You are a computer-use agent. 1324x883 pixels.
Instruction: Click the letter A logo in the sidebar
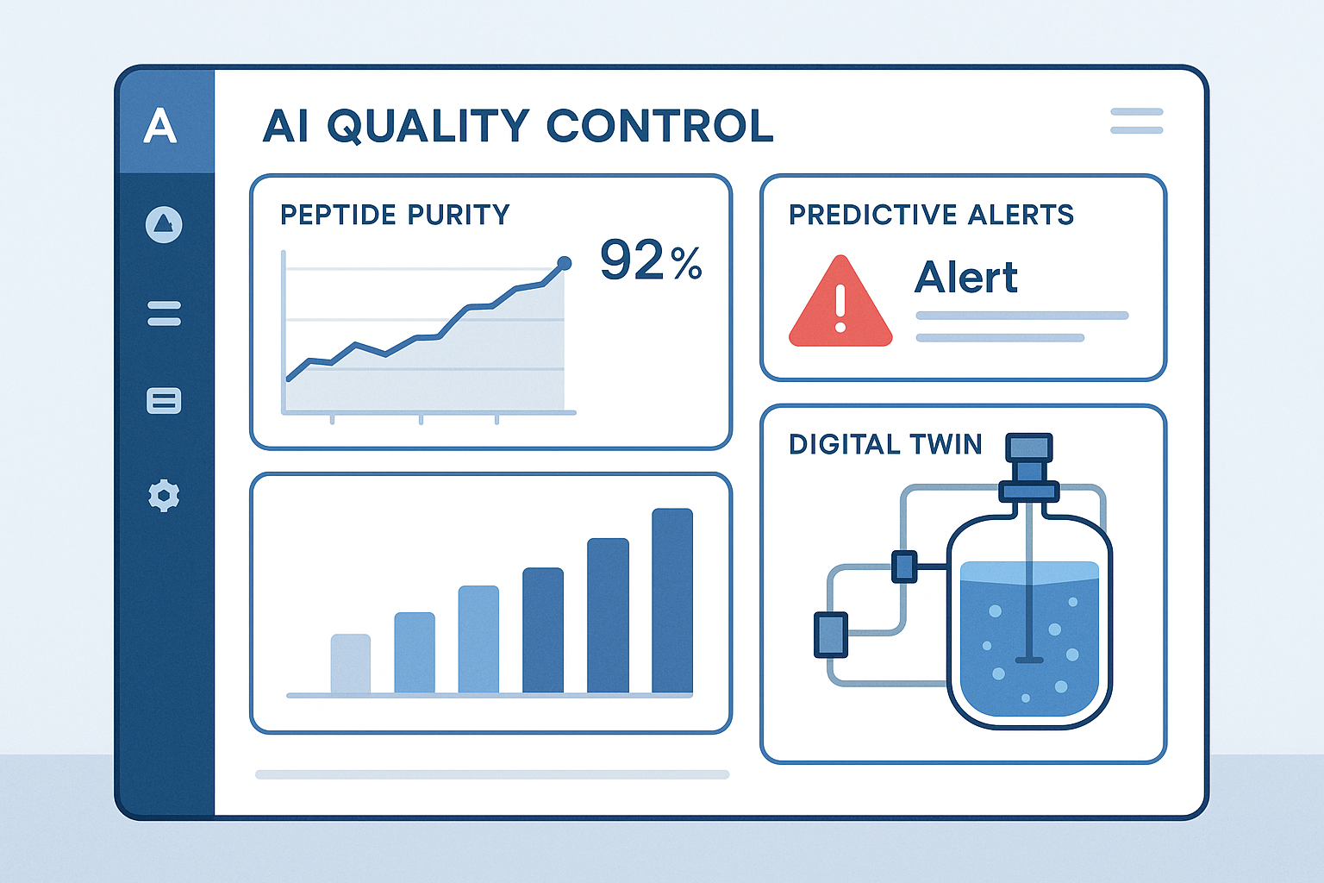pyautogui.click(x=160, y=126)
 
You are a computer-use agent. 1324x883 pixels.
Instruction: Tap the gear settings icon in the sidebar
pyautogui.click(x=164, y=496)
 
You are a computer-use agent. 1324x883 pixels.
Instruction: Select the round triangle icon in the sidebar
pyautogui.click(x=164, y=225)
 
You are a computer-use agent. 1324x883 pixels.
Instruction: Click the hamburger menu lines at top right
pyautogui.click(x=1136, y=121)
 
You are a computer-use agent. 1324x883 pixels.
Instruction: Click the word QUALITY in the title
pyautogui.click(x=428, y=127)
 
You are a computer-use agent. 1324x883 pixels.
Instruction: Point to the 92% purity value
pyautogui.click(x=651, y=260)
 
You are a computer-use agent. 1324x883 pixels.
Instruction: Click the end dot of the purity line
pyautogui.click(x=565, y=263)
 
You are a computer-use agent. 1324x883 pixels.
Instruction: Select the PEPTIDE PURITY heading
pyautogui.click(x=395, y=215)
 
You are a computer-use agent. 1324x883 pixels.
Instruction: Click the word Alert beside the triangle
pyautogui.click(x=965, y=278)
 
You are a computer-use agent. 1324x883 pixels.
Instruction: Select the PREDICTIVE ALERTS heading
pyautogui.click(x=931, y=215)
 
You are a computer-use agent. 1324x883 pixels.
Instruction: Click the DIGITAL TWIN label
pyautogui.click(x=885, y=444)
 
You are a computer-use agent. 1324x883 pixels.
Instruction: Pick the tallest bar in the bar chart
pyautogui.click(x=672, y=601)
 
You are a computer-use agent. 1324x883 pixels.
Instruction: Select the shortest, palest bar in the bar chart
pyautogui.click(x=351, y=663)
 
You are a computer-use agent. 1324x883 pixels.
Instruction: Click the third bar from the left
pyautogui.click(x=478, y=639)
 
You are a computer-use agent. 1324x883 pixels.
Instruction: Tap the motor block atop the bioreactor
pyautogui.click(x=1029, y=448)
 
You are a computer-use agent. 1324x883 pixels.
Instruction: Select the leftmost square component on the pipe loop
pyautogui.click(x=831, y=635)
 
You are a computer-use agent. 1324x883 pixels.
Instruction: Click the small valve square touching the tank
pyautogui.click(x=904, y=567)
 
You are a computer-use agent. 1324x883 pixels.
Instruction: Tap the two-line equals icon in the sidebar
pyautogui.click(x=164, y=313)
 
